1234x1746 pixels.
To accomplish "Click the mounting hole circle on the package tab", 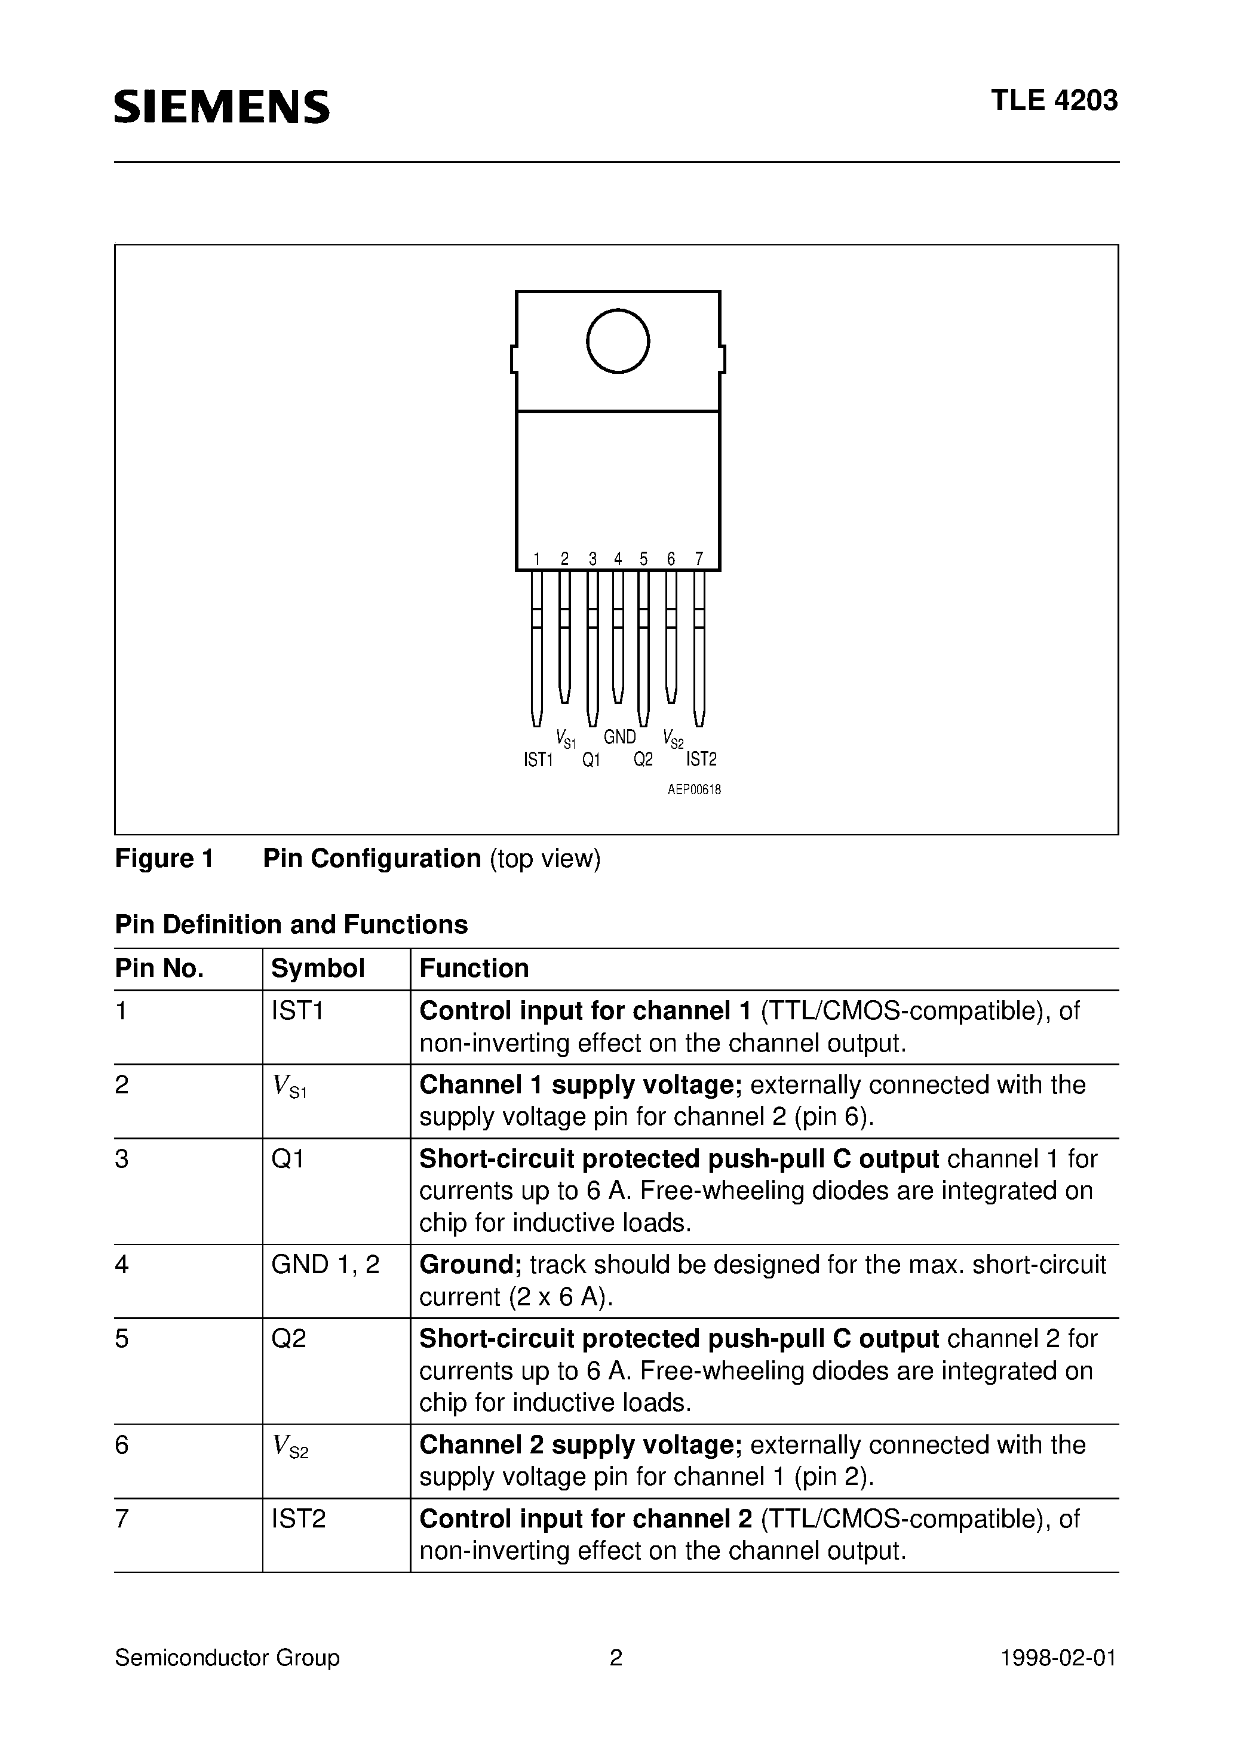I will click(x=618, y=341).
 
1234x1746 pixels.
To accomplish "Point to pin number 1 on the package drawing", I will click(x=536, y=559).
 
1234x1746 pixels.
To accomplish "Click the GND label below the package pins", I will click(x=619, y=736).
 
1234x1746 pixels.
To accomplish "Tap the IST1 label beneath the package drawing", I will click(x=538, y=760).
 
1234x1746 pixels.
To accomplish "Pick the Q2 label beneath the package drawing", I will click(x=643, y=760).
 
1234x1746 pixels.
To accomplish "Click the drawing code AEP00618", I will click(x=694, y=789).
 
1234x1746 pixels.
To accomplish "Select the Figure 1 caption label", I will click(x=164, y=858).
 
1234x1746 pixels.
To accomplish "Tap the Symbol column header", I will click(x=318, y=968).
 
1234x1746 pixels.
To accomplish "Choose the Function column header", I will click(x=474, y=968).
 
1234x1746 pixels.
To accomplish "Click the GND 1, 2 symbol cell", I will click(x=325, y=1264).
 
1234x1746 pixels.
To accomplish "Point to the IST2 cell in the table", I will click(x=298, y=1518).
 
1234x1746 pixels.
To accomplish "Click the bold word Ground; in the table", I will click(x=470, y=1264).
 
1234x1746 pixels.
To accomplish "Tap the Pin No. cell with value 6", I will click(x=122, y=1445).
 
